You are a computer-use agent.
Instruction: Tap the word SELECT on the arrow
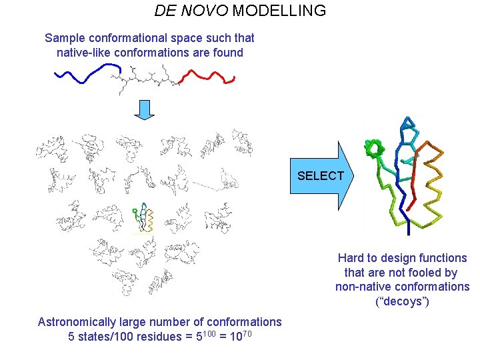tap(321, 176)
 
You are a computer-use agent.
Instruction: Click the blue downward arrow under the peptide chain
tap(144, 109)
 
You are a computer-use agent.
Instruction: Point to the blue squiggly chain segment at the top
tap(83, 75)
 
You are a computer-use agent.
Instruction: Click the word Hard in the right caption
tap(351, 258)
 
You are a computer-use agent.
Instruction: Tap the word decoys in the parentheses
tap(403, 302)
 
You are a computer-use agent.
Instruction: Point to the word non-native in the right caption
tap(363, 287)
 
